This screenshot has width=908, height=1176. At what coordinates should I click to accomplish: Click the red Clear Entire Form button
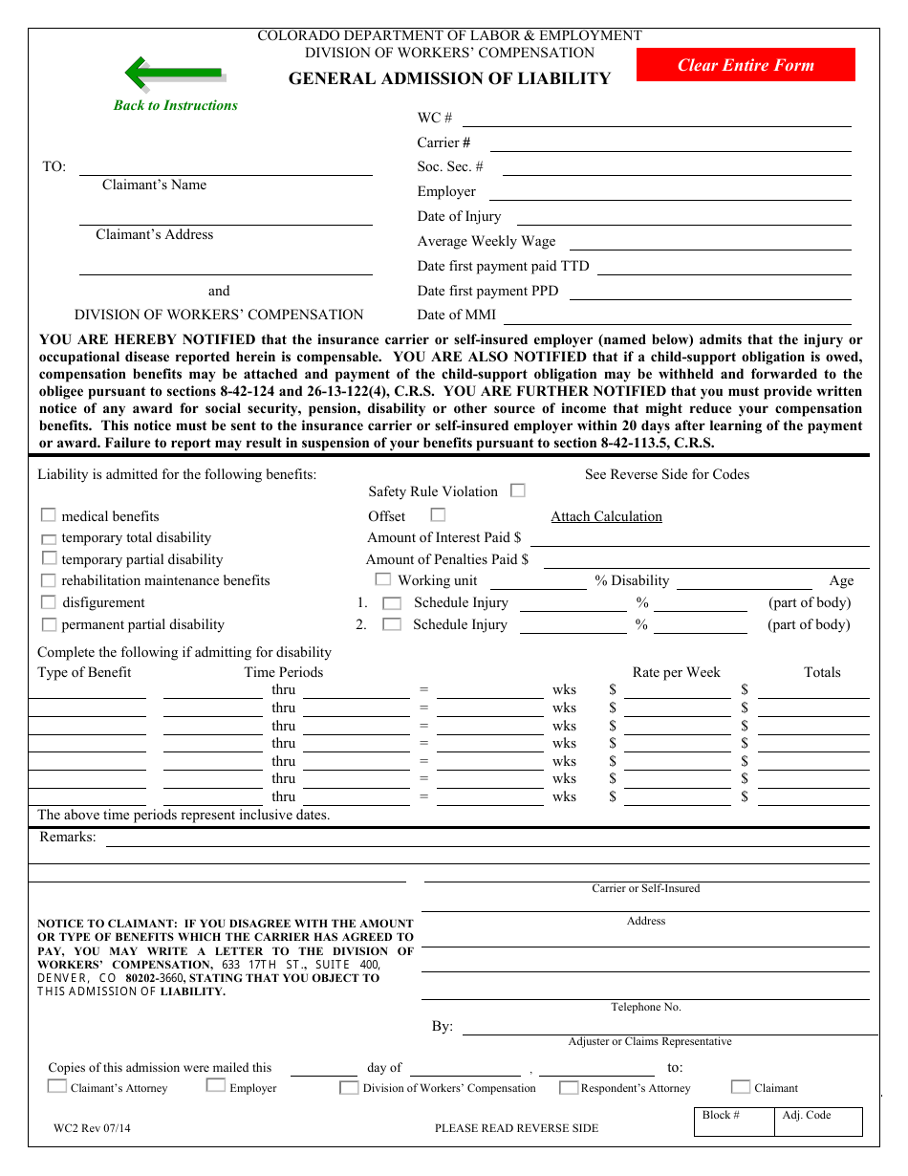[x=746, y=65]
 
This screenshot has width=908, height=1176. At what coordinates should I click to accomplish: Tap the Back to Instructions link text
[x=176, y=105]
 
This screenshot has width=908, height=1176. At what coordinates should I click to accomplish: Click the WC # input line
[x=657, y=118]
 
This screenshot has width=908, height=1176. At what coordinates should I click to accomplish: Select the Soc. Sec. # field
[x=676, y=167]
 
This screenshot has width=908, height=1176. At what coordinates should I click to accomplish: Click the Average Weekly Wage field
[x=709, y=242]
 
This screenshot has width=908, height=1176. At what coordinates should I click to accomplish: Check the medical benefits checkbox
[x=49, y=515]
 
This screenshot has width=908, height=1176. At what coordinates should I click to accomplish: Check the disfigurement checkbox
[x=49, y=602]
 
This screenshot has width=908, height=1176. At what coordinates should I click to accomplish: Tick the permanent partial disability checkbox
[x=49, y=624]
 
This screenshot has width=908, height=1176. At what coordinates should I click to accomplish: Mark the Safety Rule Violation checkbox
[x=518, y=490]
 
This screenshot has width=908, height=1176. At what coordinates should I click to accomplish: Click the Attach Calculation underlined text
[x=606, y=516]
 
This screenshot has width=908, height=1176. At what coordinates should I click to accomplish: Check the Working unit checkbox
[x=383, y=579]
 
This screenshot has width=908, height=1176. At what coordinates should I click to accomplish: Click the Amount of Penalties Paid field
[x=705, y=560]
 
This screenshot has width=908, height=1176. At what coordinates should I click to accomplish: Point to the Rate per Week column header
[x=676, y=672]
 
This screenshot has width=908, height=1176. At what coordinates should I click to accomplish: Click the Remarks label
[x=68, y=838]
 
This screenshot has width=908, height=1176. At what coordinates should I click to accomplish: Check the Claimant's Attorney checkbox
[x=57, y=1086]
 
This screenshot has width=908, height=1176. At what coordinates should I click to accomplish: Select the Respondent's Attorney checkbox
[x=569, y=1087]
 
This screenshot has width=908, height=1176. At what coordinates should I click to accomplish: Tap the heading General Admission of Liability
[x=449, y=79]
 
